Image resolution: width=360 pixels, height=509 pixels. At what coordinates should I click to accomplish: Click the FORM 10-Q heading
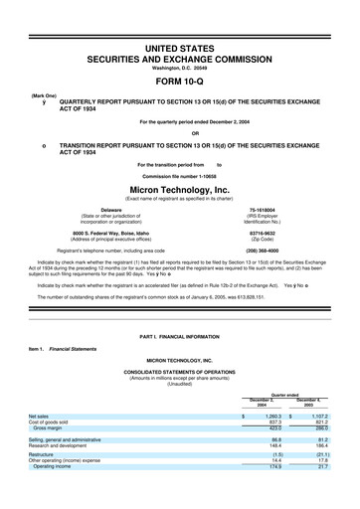(x=180, y=82)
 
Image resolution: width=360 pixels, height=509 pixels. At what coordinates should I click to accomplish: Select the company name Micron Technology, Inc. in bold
(x=180, y=187)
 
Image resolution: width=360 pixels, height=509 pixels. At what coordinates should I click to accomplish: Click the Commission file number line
(x=180, y=172)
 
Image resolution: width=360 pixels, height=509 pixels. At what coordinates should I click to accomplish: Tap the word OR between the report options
(x=180, y=133)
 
